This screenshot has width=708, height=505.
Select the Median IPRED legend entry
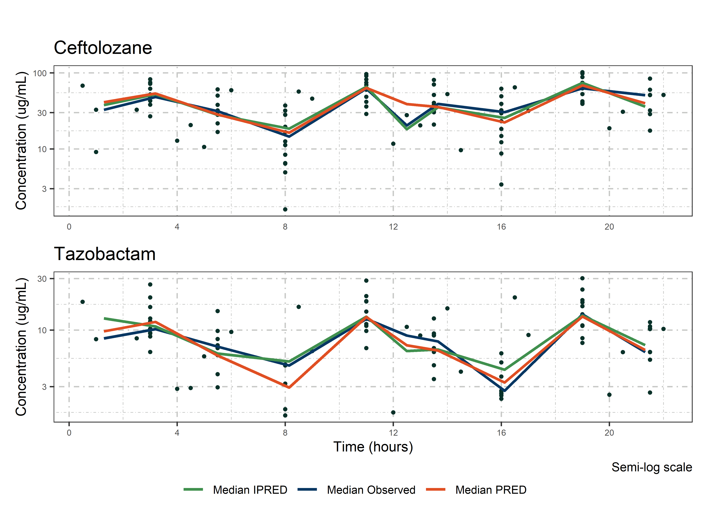click(x=250, y=490)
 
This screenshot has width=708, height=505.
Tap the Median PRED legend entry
click(x=491, y=490)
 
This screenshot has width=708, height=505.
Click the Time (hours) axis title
click(x=373, y=447)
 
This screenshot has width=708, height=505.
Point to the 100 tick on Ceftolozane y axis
click(x=40, y=73)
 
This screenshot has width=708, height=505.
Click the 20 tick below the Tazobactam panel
click(x=609, y=433)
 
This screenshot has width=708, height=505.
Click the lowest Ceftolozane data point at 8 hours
click(x=285, y=209)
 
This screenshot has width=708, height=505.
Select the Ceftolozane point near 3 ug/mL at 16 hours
click(x=501, y=184)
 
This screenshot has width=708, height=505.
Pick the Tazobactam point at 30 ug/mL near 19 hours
click(x=582, y=278)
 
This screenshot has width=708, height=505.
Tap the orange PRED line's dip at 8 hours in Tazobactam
click(x=289, y=388)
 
